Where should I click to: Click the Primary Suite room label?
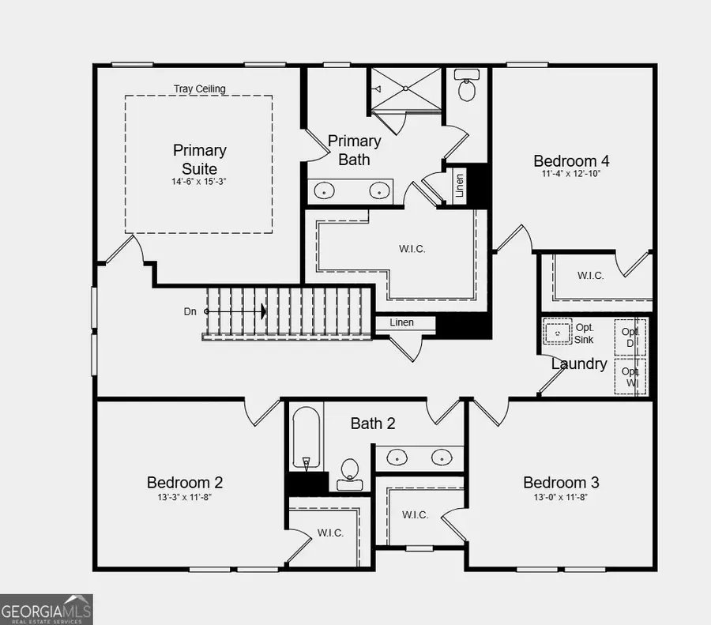pyautogui.click(x=199, y=159)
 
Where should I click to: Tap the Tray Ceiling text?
pyautogui.click(x=199, y=88)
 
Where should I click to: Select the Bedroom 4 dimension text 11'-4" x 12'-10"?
pyautogui.click(x=571, y=174)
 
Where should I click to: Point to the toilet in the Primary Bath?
pyautogui.click(x=467, y=86)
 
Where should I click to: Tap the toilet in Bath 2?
pyautogui.click(x=348, y=471)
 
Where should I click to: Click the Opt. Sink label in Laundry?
pyautogui.click(x=585, y=333)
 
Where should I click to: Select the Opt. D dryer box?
pyautogui.click(x=630, y=337)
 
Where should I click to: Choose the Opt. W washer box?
pyautogui.click(x=630, y=377)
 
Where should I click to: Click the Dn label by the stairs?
pyautogui.click(x=190, y=311)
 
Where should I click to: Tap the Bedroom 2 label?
pyautogui.click(x=185, y=482)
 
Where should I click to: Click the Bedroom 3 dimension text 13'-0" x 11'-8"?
pyautogui.click(x=560, y=497)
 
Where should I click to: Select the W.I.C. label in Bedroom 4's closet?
pyautogui.click(x=590, y=276)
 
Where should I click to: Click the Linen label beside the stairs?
pyautogui.click(x=402, y=322)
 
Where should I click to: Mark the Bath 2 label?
pyautogui.click(x=373, y=424)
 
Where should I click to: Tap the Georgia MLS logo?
pyautogui.click(x=47, y=609)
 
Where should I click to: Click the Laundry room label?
pyautogui.click(x=579, y=364)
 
